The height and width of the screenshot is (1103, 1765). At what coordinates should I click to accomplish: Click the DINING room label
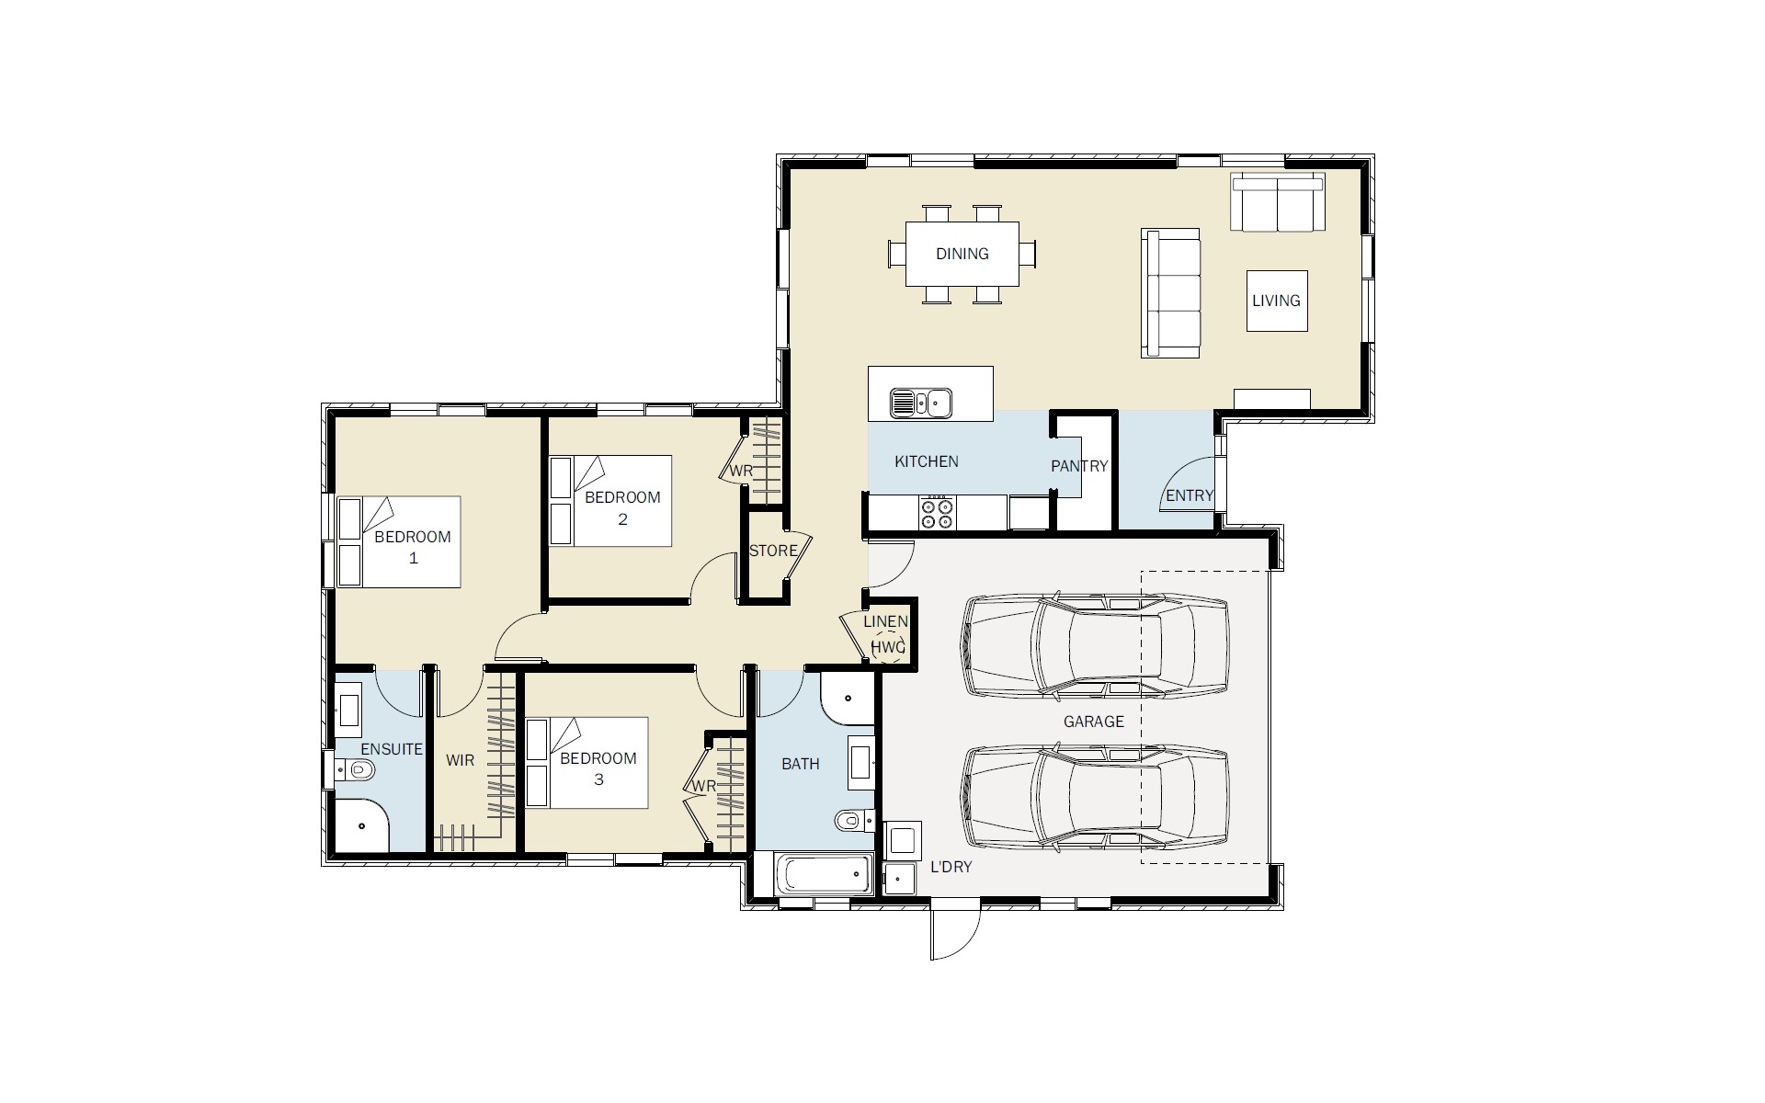(962, 254)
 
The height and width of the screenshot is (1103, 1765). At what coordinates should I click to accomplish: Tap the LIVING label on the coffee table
(1276, 301)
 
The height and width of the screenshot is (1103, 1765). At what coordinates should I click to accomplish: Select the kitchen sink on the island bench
(920, 403)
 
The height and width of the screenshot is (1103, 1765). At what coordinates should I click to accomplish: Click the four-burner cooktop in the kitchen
(937, 512)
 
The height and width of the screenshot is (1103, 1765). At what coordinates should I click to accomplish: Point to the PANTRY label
(1079, 466)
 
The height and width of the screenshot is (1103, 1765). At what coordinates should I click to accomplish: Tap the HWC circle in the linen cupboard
(888, 647)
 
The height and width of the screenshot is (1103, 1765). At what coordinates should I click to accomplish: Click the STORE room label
(773, 551)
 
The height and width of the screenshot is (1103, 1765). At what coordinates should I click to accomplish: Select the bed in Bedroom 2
(610, 501)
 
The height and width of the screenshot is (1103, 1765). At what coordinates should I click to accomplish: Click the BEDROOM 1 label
(413, 547)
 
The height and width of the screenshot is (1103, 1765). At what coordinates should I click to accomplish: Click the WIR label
(460, 760)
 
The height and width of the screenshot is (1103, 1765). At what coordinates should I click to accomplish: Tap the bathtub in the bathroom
(825, 874)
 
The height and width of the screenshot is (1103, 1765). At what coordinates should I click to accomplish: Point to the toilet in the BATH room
(854, 819)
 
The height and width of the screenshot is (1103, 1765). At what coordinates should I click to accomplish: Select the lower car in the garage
(1094, 798)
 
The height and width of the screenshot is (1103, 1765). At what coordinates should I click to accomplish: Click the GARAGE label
(1094, 722)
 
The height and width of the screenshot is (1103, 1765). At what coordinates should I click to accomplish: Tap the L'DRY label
(951, 867)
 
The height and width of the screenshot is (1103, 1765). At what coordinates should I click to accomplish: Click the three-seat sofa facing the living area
(1170, 293)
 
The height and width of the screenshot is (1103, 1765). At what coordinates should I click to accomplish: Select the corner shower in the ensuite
(361, 825)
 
